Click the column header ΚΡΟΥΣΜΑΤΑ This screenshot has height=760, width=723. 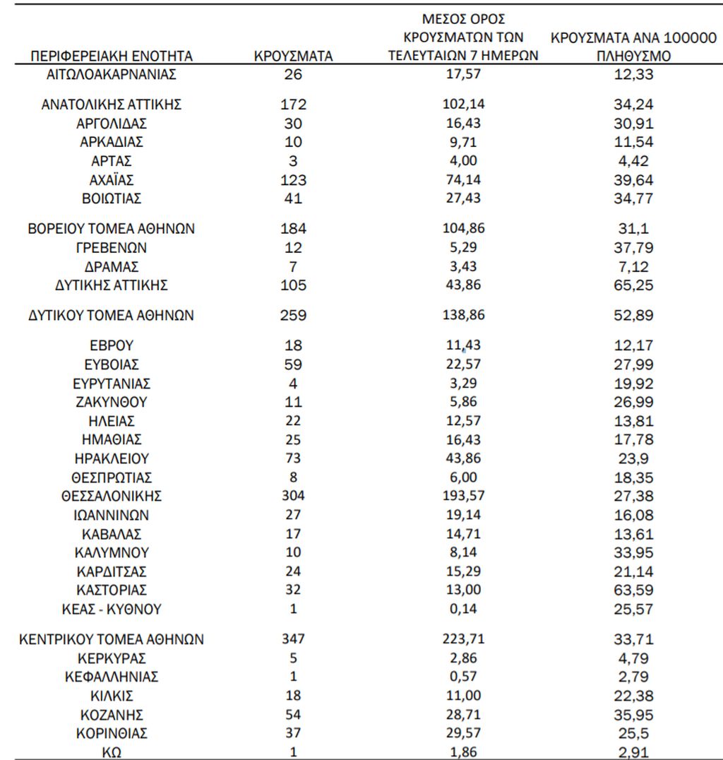pyautogui.click(x=293, y=56)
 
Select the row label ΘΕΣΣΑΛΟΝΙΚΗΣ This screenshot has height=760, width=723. pyautogui.click(x=112, y=496)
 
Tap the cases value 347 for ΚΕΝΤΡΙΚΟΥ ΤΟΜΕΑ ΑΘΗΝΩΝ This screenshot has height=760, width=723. pyautogui.click(x=293, y=639)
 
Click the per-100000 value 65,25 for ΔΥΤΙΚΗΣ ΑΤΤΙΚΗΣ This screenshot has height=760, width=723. pyautogui.click(x=633, y=285)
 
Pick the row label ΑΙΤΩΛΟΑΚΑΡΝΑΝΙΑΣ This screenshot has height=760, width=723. pyautogui.click(x=112, y=73)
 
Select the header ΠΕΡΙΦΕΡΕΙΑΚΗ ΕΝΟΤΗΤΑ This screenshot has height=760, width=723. pyautogui.click(x=112, y=56)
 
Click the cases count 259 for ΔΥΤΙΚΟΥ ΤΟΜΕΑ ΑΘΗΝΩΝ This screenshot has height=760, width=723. pyautogui.click(x=293, y=316)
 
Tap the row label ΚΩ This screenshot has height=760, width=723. pyautogui.click(x=112, y=752)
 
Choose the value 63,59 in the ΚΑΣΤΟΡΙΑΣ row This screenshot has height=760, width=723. pyautogui.click(x=633, y=590)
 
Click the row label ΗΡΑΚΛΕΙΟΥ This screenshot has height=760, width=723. pyautogui.click(x=112, y=458)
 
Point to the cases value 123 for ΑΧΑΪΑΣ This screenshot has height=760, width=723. pyautogui.click(x=293, y=179)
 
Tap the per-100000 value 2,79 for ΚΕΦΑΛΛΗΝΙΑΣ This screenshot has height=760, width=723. pyautogui.click(x=633, y=677)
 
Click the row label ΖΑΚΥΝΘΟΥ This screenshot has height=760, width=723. pyautogui.click(x=112, y=402)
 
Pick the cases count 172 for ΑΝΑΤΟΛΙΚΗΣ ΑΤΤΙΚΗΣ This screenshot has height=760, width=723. pyautogui.click(x=293, y=105)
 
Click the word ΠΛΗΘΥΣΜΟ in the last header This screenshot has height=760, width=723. pyautogui.click(x=633, y=56)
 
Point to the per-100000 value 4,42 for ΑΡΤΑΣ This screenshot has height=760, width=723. pyautogui.click(x=633, y=160)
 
